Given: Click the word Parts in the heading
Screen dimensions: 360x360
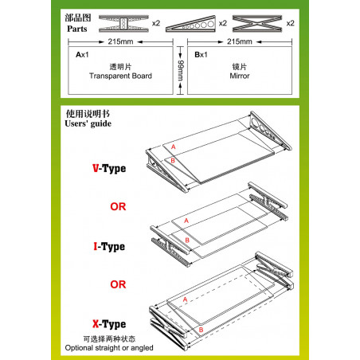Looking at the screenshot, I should click(73, 28).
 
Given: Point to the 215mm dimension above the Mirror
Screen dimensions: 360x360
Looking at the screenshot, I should click(239, 40).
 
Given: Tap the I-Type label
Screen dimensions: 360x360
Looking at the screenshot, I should click(108, 247).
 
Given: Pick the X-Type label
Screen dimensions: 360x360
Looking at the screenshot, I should click(108, 324).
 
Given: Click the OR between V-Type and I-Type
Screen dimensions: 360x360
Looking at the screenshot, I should click(118, 205).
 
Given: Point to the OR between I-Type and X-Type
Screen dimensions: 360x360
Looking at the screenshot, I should click(118, 283).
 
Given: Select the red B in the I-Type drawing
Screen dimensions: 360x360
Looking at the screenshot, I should click(186, 239).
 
